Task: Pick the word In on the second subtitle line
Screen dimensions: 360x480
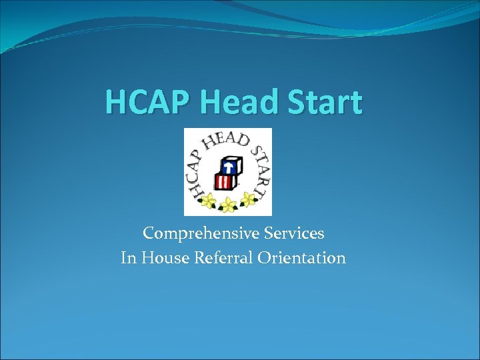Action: point(128,258)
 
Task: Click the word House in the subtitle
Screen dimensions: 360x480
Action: point(163,258)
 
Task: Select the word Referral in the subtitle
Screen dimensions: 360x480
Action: point(219,258)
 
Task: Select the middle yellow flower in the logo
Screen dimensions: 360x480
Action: point(229,204)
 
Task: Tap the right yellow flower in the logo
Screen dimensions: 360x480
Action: point(249,198)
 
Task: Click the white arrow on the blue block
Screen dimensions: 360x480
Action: point(231,163)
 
